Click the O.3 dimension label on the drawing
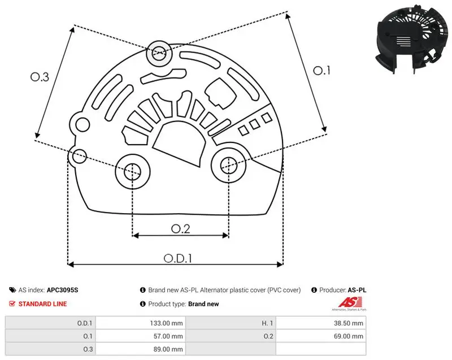[x=40, y=77]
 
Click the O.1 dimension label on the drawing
[x=321, y=71]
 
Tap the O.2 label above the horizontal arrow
[x=181, y=229]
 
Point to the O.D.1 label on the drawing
[x=178, y=258]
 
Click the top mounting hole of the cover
[x=159, y=53]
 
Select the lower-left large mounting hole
[x=133, y=172]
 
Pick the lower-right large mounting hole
[x=229, y=165]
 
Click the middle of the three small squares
[x=255, y=124]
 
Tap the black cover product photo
[x=408, y=39]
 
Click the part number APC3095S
[x=62, y=290]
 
